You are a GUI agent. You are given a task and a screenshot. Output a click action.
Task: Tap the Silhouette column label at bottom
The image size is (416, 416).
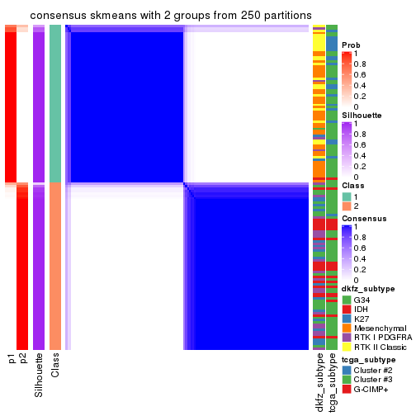39,375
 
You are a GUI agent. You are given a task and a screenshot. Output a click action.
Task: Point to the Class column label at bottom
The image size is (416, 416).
55,366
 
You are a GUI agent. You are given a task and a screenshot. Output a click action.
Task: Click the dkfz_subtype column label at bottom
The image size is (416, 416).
319,383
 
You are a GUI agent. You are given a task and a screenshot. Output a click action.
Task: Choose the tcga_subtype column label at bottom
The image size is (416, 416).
332,383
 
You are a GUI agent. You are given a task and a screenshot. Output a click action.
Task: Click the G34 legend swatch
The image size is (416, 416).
347,299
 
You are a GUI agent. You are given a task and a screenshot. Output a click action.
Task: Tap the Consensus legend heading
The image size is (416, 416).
362,219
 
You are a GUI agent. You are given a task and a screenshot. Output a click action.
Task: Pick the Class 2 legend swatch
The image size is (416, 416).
347,206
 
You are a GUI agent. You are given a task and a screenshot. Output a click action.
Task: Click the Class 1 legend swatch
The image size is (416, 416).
347,196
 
